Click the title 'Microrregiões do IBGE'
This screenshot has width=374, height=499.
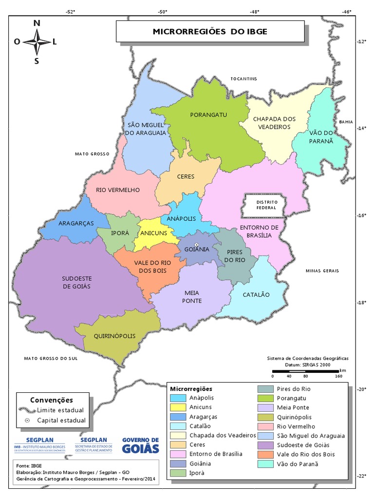click(210, 32)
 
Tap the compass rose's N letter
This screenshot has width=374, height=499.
click(37, 23)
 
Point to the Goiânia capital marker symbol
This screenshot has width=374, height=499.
click(196, 245)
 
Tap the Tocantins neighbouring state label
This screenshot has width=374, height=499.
click(243, 78)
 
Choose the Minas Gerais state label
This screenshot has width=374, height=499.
click(322, 270)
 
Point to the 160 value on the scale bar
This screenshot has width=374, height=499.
click(338, 376)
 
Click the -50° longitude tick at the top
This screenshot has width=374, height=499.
click(162, 12)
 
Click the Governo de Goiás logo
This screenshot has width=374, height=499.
click(140, 444)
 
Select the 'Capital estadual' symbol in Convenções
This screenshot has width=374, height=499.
click(28, 420)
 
